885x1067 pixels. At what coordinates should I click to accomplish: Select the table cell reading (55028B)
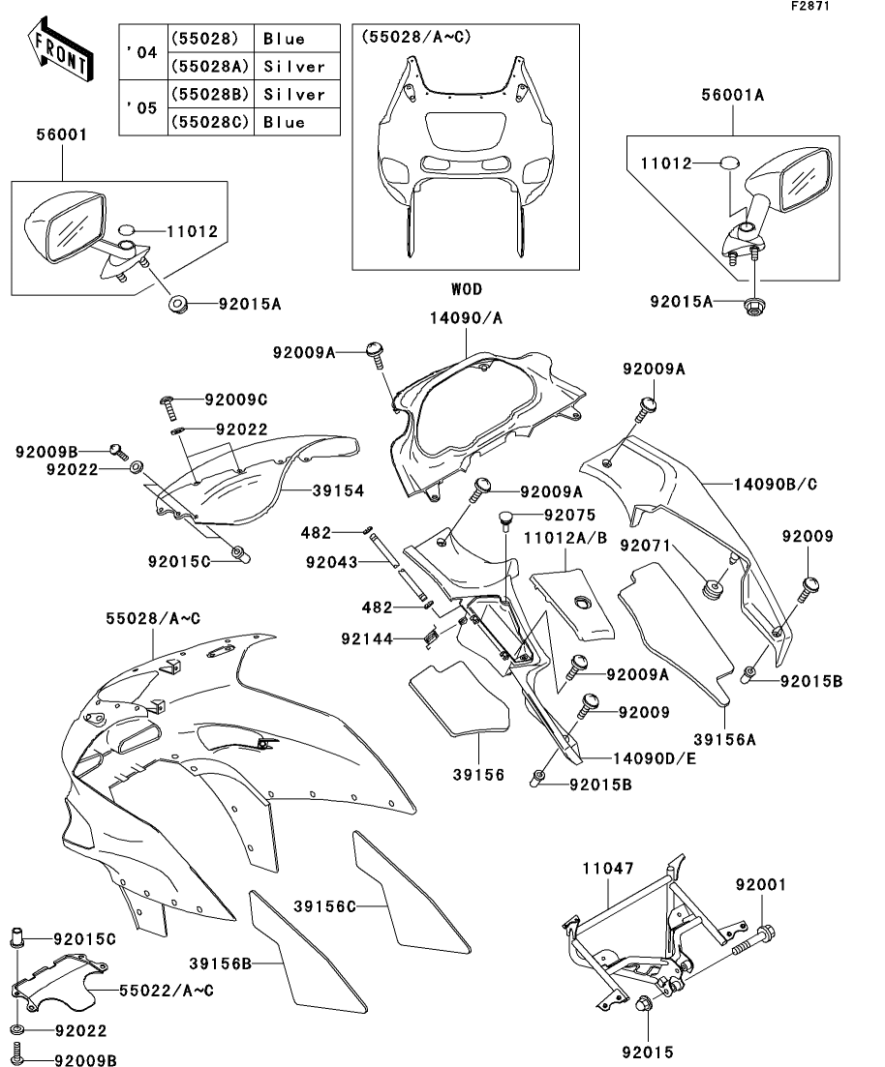(210, 95)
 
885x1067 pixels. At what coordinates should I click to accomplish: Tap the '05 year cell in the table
(141, 108)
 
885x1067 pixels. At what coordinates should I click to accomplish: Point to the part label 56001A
(733, 95)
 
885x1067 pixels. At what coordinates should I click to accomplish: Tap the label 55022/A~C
(167, 990)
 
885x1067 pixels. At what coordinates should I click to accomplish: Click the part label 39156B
(221, 963)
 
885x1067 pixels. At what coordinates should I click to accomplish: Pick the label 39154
(337, 491)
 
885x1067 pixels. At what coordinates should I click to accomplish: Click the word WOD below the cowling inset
(466, 289)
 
